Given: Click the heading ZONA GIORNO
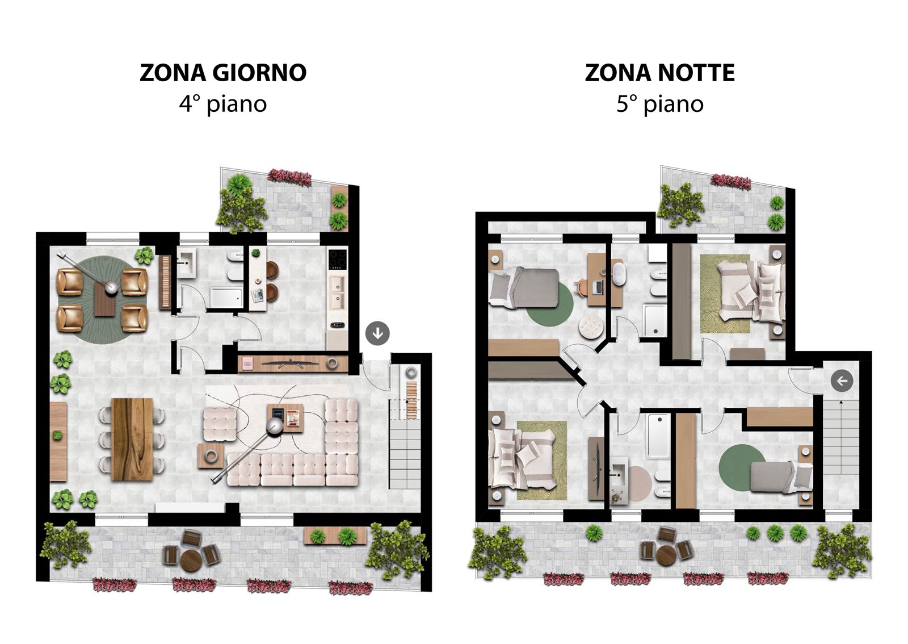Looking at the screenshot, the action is (223, 73).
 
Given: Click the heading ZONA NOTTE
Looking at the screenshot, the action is (659, 73).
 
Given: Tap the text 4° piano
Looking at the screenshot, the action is (223, 104).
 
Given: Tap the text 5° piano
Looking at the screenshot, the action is (659, 104).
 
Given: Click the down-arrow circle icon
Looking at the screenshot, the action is (377, 333).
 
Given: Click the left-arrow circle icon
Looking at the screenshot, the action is (842, 381).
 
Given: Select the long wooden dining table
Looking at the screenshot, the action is (132, 439).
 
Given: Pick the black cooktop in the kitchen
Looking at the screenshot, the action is (337, 259).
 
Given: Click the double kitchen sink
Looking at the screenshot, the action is (337, 292).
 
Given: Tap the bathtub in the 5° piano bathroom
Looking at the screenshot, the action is (658, 436).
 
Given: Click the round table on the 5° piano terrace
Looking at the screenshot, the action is (666, 555).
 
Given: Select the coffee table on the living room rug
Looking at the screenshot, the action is (285, 418).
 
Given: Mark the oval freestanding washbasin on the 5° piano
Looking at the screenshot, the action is (617, 274).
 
